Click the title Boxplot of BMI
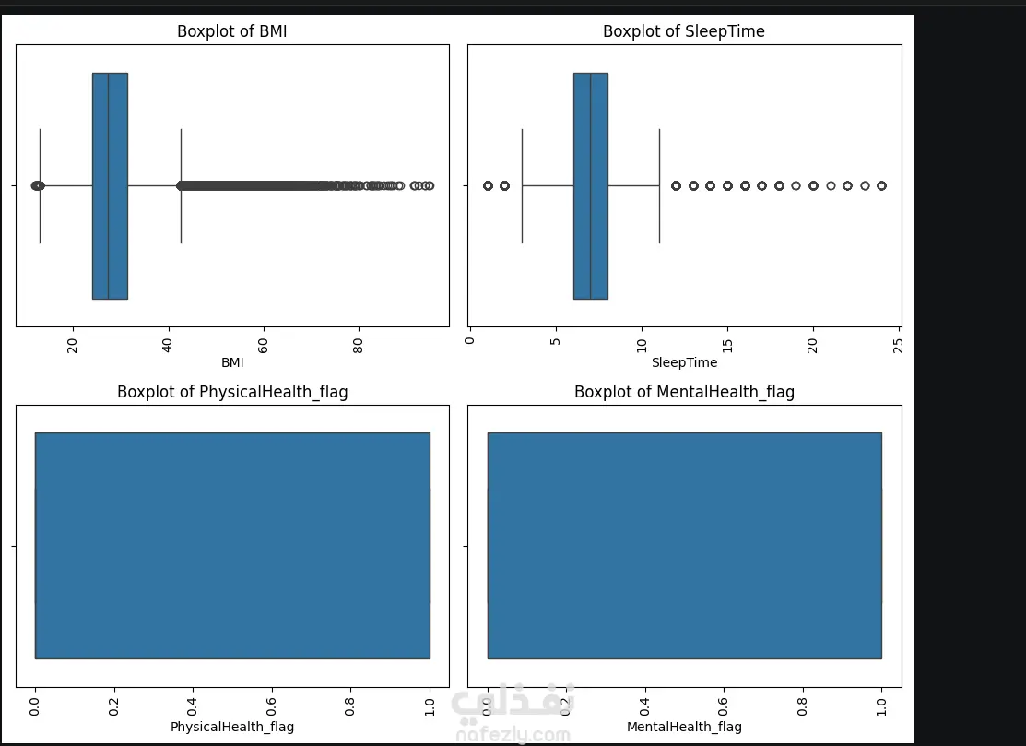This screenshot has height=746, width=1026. click(232, 31)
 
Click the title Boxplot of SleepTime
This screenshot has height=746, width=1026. click(683, 31)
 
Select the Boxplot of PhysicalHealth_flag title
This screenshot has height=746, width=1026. click(232, 392)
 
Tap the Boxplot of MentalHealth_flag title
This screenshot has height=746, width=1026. click(684, 392)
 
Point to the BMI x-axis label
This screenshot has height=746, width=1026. click(232, 362)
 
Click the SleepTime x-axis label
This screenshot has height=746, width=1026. click(684, 362)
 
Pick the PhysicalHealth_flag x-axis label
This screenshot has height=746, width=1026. click(232, 727)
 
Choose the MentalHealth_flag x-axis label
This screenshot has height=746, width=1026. click(684, 727)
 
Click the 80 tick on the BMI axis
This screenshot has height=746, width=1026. click(359, 344)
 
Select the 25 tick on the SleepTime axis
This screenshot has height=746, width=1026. click(899, 344)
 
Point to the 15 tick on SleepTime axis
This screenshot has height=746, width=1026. click(727, 344)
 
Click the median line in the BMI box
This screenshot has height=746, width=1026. click(109, 185)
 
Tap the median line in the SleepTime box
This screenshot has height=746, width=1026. click(590, 185)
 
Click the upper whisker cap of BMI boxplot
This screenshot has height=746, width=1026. click(181, 185)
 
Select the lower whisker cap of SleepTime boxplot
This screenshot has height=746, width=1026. click(522, 185)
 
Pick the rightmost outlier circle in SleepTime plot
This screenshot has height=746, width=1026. click(881, 185)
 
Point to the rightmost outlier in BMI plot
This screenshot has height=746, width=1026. click(430, 185)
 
